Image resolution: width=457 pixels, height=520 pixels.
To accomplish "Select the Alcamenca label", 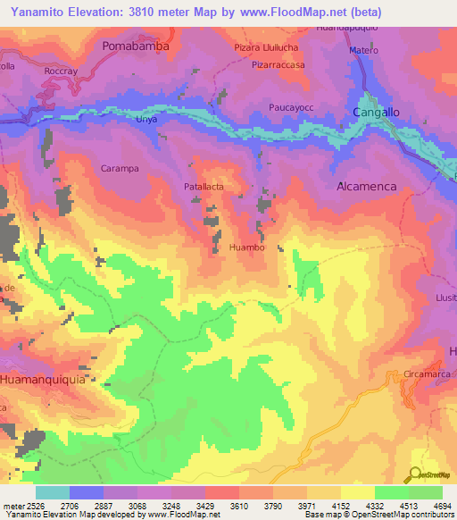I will (x=370, y=187).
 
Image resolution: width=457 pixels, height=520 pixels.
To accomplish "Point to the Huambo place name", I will (x=246, y=247).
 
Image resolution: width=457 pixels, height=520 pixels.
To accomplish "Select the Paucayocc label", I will (x=293, y=107).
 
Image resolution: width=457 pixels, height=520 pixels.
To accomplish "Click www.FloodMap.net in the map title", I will (x=294, y=13).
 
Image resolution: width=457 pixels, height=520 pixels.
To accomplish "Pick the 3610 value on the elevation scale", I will (x=239, y=506).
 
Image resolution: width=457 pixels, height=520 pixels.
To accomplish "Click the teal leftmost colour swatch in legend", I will (x=52, y=492).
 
